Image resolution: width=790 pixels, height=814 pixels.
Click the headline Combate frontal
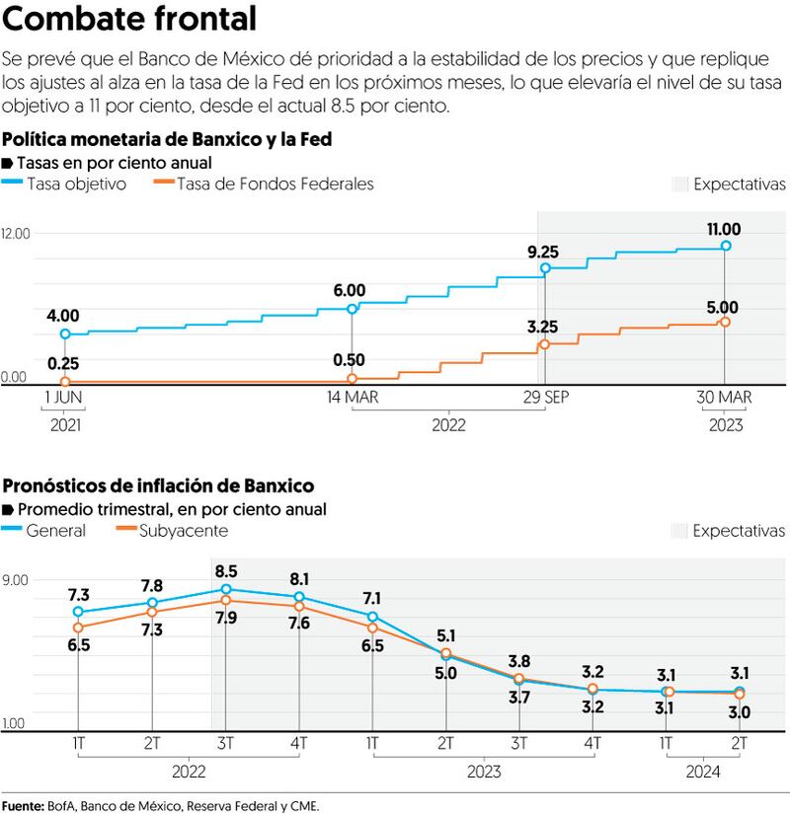point(131,19)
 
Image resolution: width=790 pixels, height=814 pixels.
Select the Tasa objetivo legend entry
point(76,184)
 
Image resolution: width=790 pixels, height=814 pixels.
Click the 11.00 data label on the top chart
point(724,229)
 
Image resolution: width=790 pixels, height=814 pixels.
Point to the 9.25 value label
point(542,252)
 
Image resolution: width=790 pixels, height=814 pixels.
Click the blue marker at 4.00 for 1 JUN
point(65,334)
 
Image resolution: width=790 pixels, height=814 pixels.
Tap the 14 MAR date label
point(352,397)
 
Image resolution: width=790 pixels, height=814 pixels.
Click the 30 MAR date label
point(724,397)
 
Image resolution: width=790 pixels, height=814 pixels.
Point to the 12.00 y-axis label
point(16,233)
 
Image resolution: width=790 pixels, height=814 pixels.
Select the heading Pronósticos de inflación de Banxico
point(159,485)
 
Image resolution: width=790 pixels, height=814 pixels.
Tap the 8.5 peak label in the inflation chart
point(226,570)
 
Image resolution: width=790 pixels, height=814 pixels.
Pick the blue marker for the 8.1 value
point(299,597)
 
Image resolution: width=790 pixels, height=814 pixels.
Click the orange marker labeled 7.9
point(226,600)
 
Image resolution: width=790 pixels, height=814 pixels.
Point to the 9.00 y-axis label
point(15,579)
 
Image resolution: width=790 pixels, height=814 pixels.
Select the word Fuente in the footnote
point(23,805)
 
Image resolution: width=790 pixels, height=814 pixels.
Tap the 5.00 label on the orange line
point(724,306)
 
